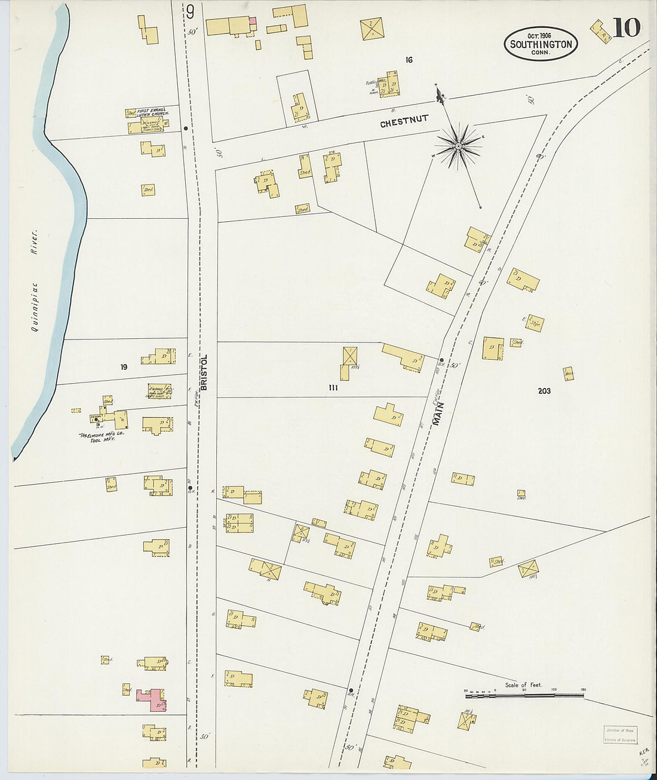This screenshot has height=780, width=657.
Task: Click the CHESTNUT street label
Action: [404, 121]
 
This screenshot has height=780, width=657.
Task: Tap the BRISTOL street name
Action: [203, 372]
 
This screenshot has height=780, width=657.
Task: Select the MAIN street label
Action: [438, 413]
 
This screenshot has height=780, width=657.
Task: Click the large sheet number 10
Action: [626, 27]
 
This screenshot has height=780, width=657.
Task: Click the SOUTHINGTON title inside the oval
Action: [541, 44]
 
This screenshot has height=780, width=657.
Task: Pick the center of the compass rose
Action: [458, 146]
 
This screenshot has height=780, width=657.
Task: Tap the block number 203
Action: [544, 391]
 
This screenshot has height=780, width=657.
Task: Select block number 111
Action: [333, 388]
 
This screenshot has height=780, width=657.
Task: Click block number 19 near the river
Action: [124, 367]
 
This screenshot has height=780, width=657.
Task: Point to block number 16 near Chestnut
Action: [409, 60]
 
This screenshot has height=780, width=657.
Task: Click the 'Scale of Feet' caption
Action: [523, 685]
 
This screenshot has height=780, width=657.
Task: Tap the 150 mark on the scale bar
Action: [583, 690]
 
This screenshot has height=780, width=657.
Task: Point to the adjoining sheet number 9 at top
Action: [190, 12]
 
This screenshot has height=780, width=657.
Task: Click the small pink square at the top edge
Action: [253, 21]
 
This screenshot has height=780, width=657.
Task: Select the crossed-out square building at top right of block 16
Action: [372, 29]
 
